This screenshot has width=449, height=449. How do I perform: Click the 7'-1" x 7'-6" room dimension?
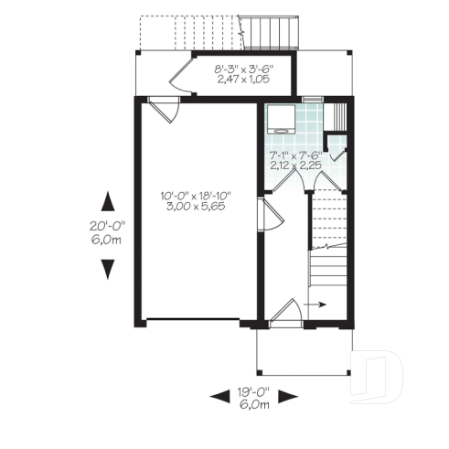coord(294,155)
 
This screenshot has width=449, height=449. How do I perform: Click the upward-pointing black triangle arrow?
coord(108,200)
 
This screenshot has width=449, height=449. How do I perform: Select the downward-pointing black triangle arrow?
coord(108,268)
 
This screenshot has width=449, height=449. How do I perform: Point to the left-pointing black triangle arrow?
coord(219,396)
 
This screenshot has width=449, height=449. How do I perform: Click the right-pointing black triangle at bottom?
coord(288,396)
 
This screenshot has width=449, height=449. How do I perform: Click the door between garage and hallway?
coord(266,218)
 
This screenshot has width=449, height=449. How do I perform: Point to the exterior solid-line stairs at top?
coord(272,32)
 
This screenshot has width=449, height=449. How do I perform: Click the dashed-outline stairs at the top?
coord(187,31)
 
